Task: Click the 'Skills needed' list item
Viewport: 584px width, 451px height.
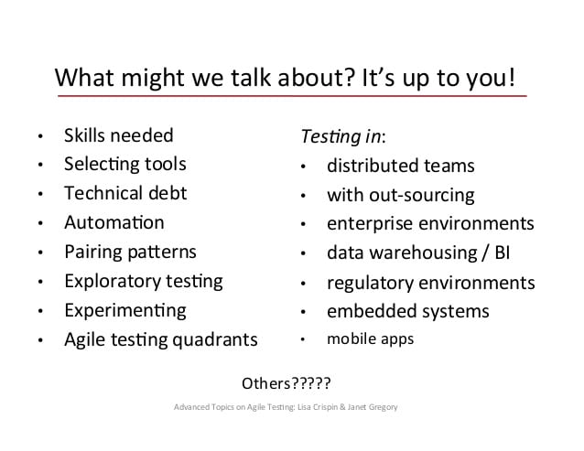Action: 118,135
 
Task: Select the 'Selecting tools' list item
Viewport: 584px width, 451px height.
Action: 124,165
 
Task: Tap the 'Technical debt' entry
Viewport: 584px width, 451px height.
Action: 124,193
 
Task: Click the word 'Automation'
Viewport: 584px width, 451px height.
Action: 114,222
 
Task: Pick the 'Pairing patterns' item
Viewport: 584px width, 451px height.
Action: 130,252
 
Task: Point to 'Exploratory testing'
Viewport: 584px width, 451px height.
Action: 143,281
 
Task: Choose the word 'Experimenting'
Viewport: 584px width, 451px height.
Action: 124,310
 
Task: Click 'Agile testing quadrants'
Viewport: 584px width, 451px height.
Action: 160,339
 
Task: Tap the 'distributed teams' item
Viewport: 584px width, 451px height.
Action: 400,166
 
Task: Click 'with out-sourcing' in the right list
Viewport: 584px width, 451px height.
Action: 400,195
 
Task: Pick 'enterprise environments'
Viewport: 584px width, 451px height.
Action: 430,223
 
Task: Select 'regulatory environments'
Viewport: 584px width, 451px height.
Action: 430,282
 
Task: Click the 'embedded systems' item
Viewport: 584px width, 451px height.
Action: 407,311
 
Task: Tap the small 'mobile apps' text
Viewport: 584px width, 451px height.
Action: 370,339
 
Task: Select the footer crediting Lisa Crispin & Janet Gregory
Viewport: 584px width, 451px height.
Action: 286,406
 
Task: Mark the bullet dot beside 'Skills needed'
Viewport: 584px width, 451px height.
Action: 39,137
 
